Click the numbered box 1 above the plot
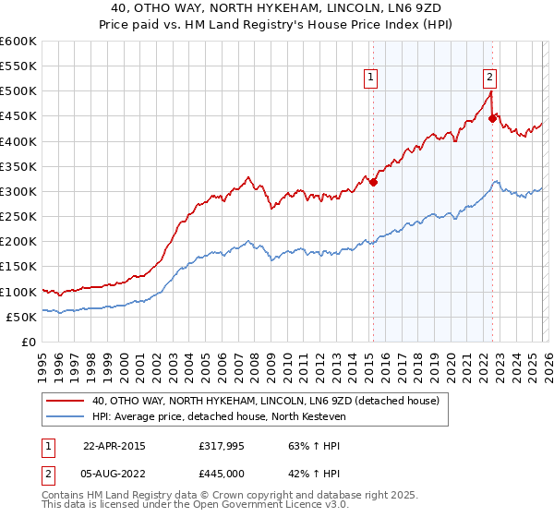[x=370, y=78]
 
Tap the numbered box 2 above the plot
[x=489, y=78]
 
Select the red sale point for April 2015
[x=374, y=182]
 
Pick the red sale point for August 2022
[x=493, y=118]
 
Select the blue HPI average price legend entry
[x=218, y=416]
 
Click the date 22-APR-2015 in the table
[x=114, y=445]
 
